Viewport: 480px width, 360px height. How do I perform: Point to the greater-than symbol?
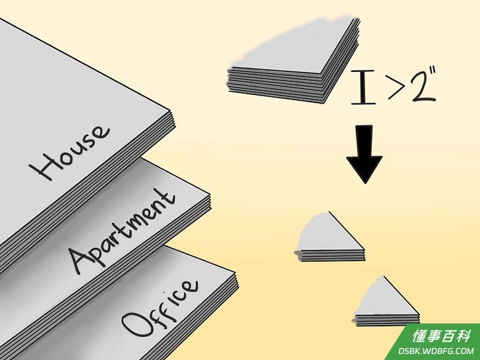coord(397,86)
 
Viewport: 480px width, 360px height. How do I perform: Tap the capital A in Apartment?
coord(81,260)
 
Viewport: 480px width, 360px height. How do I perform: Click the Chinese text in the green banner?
coord(441,336)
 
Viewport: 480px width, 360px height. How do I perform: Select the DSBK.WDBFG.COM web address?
coord(436,351)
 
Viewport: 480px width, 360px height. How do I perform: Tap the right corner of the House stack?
coord(175,118)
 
